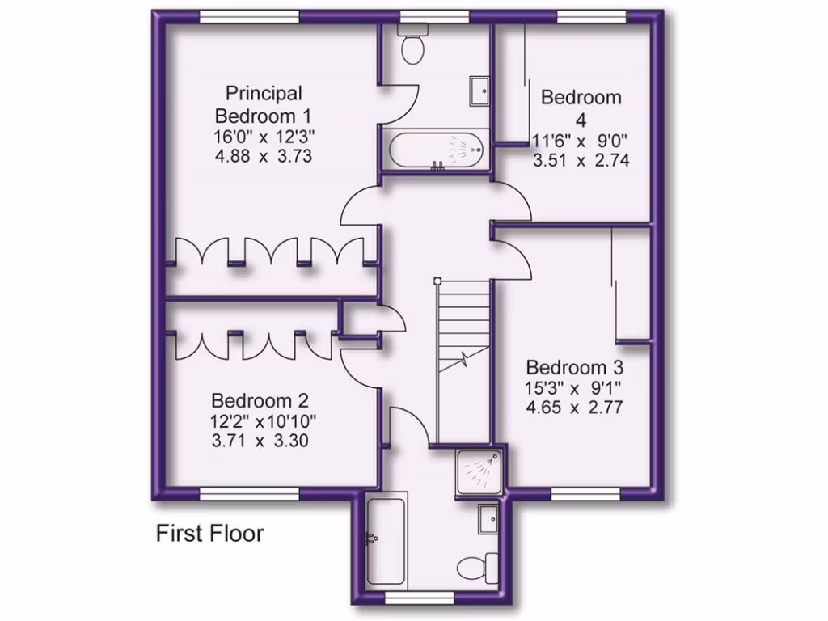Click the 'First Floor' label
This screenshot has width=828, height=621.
point(209,534)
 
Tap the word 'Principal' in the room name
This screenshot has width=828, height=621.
point(264,93)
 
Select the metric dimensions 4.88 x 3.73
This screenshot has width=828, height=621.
point(264,155)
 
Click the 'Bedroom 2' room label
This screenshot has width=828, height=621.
point(261,400)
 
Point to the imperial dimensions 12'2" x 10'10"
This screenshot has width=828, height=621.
point(264,421)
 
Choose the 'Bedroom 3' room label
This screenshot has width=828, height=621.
point(573,366)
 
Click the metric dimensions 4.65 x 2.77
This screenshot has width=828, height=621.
point(573,408)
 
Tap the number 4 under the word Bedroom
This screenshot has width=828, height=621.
point(581,118)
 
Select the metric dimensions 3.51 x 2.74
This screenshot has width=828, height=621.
point(581,160)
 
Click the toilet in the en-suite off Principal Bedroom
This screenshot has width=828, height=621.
point(413,46)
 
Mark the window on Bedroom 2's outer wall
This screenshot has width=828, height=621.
point(249,494)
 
